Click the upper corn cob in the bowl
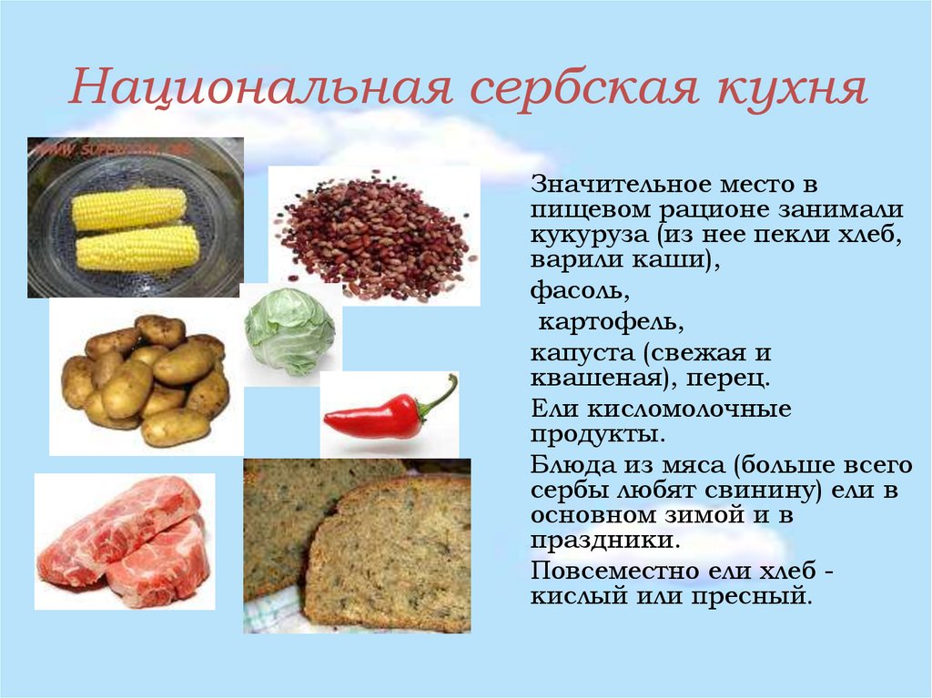(x=129, y=208)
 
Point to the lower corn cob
(x=137, y=248)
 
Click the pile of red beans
(x=373, y=235)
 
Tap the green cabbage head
(x=289, y=331)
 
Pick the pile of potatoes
(x=146, y=379)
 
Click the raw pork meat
(x=123, y=541)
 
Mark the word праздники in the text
(x=604, y=541)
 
